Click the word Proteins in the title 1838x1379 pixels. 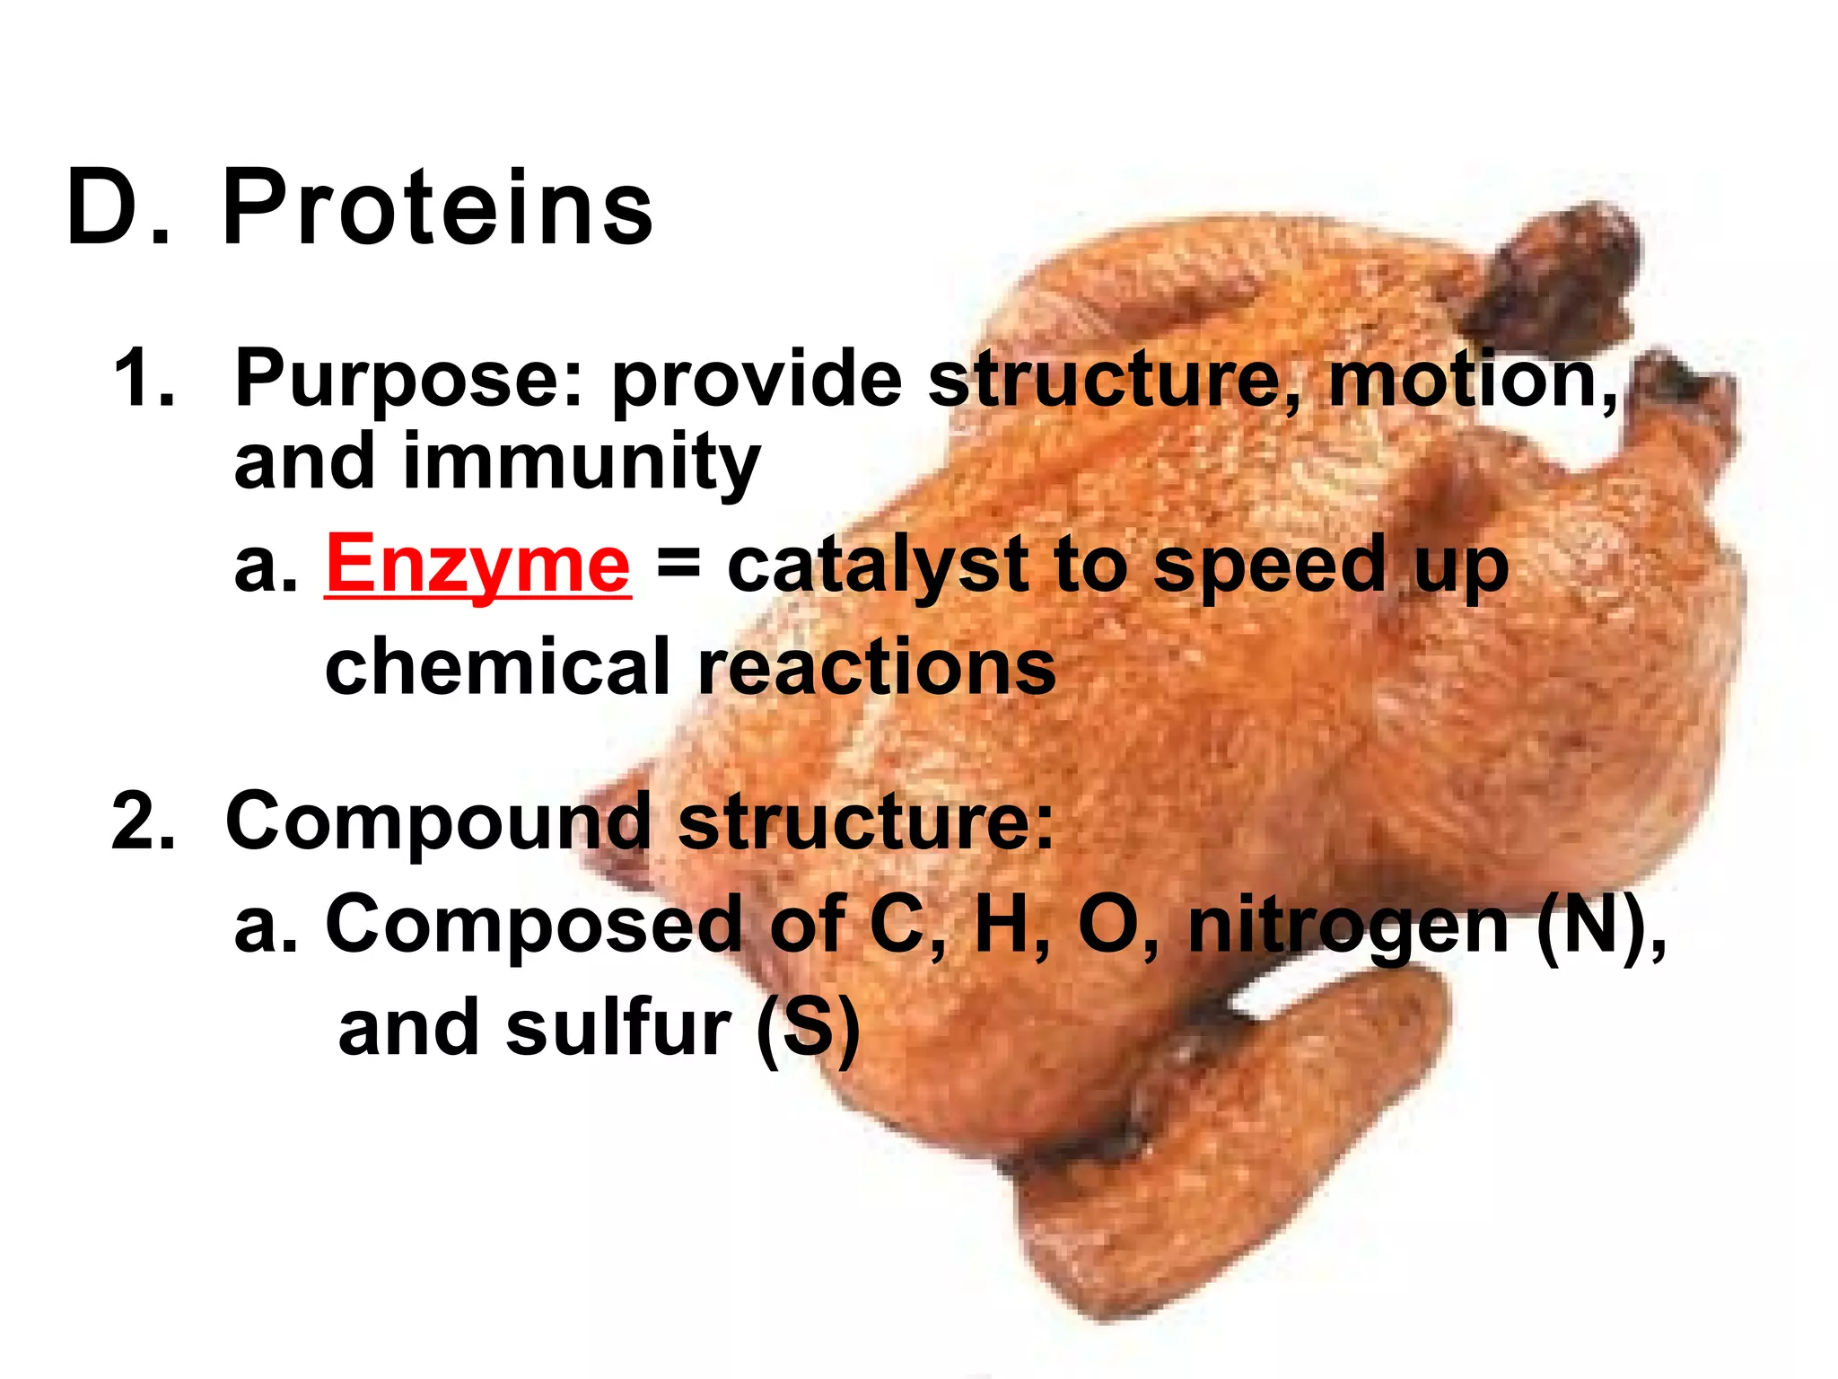[437, 208]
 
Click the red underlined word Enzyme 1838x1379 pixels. [477, 564]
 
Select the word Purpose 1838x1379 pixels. [408, 381]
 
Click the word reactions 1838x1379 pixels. [877, 666]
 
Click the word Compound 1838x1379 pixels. [438, 822]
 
